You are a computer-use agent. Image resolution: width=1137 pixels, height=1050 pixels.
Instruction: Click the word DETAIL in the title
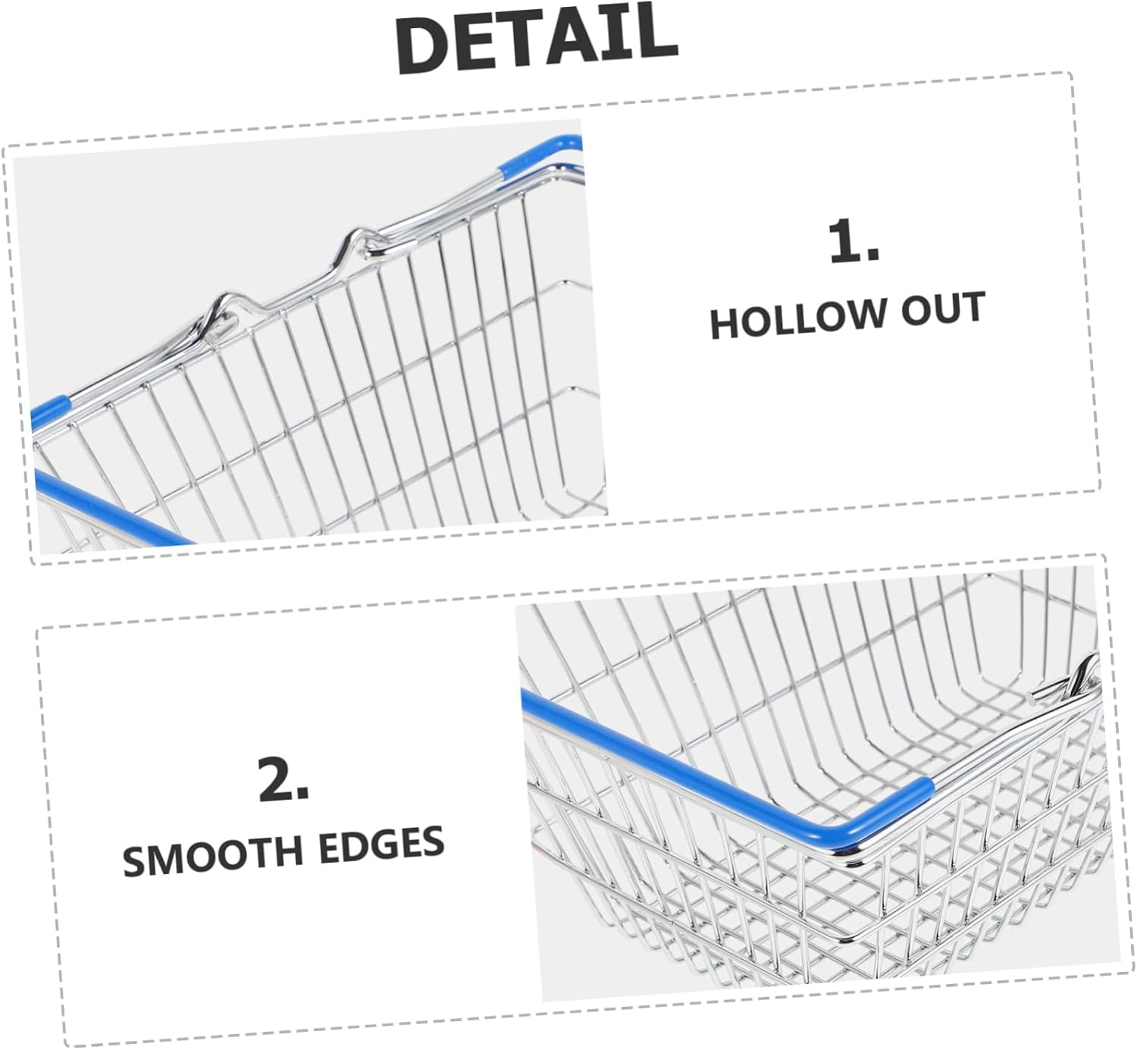[536, 38]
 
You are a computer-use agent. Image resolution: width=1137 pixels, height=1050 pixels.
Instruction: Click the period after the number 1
[872, 256]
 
